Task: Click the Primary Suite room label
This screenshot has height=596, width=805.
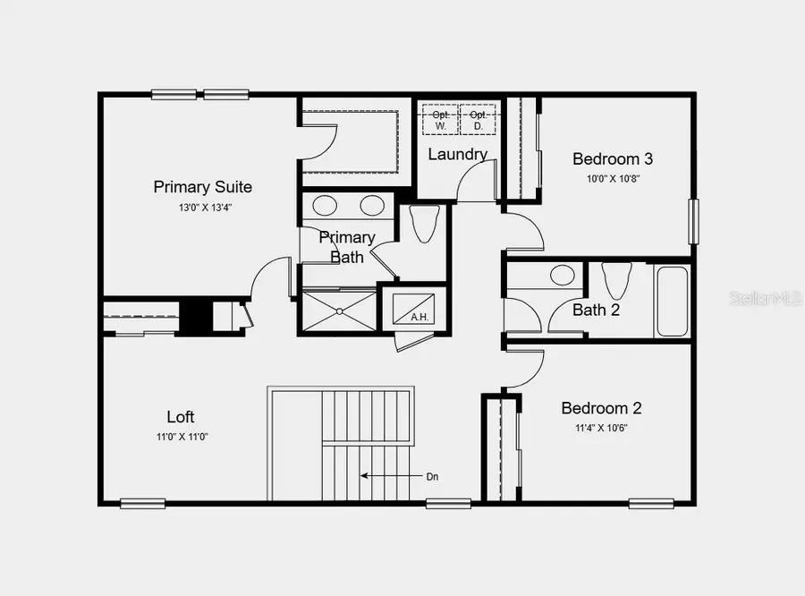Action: (202, 187)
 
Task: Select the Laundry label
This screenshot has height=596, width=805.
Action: (457, 154)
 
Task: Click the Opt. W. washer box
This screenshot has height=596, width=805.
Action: (440, 120)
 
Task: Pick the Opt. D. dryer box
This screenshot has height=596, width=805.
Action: (479, 120)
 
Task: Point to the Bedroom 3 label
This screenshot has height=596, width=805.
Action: (613, 159)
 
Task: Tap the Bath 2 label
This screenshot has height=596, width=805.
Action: (597, 311)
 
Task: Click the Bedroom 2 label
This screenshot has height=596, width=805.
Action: (601, 408)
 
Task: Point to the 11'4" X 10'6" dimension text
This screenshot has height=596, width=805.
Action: (601, 428)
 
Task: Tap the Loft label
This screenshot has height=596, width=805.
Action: (180, 417)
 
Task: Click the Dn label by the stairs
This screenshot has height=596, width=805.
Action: (433, 477)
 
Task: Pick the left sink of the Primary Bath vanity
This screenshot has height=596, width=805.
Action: (325, 206)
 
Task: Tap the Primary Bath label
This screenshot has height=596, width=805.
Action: (347, 247)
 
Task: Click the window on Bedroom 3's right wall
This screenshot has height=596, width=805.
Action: (693, 221)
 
